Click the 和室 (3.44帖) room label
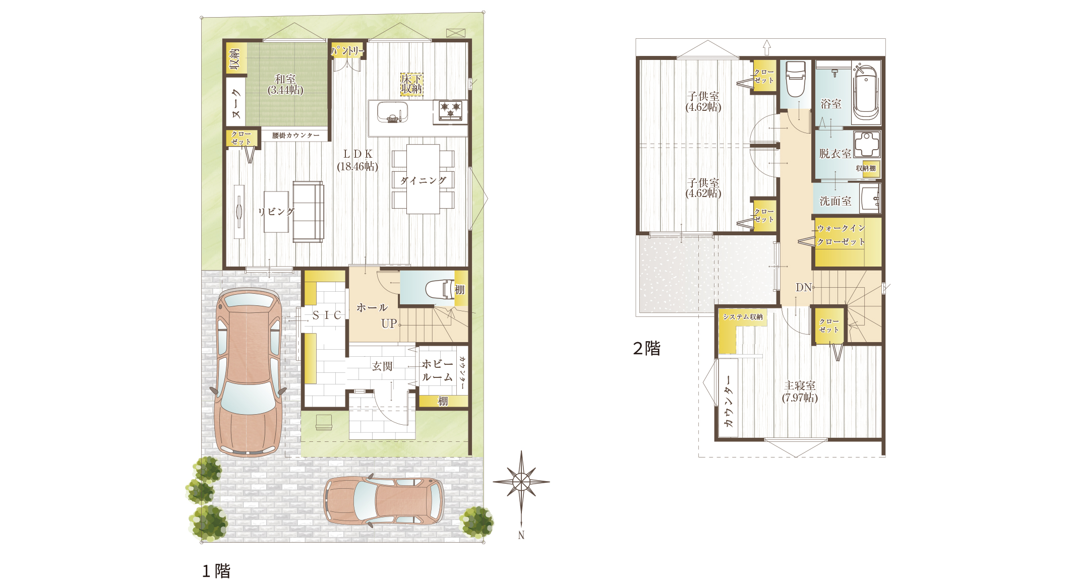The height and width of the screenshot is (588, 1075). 285,85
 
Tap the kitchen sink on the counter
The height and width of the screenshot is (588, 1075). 392,112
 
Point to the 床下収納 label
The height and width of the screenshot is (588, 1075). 411,84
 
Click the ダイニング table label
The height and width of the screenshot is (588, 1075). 424,180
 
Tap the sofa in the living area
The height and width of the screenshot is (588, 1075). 308,212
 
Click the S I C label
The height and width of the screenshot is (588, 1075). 327,315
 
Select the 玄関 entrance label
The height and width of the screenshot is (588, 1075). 382,366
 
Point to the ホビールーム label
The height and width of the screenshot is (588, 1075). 437,370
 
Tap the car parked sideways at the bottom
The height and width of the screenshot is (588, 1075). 383,500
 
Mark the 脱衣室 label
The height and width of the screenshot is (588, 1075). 835,154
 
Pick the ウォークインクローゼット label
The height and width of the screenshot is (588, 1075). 841,235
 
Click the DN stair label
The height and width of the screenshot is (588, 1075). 804,288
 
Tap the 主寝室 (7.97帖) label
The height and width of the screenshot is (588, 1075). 800,391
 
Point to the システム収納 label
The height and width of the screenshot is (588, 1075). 743,317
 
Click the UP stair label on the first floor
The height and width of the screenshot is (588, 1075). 389,323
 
